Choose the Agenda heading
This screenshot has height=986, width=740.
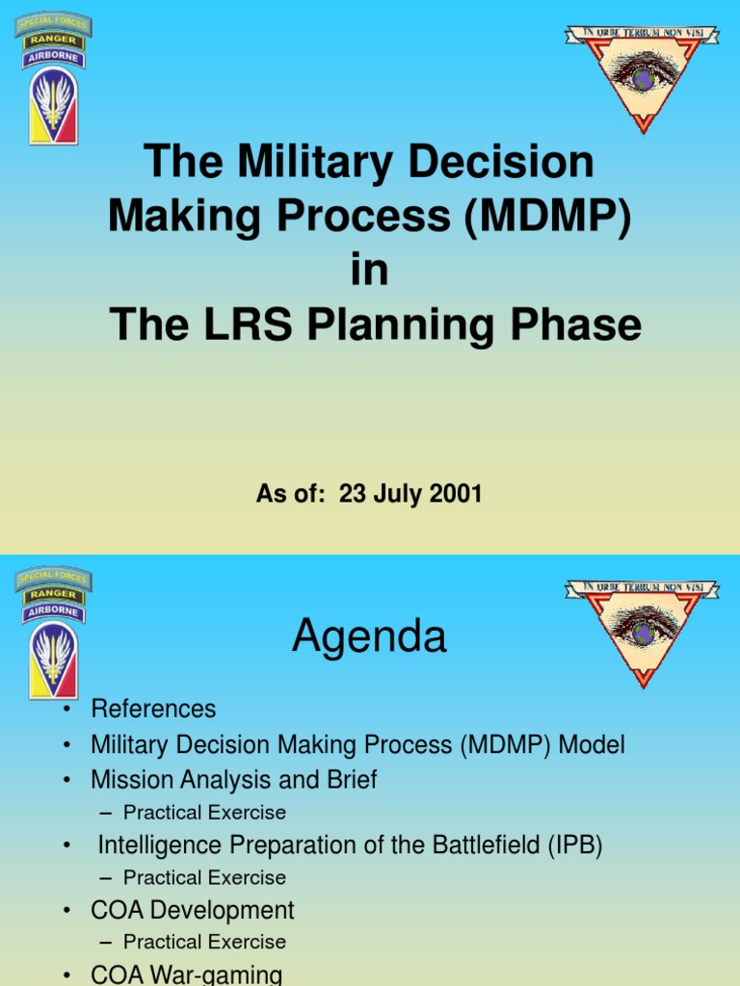click(x=369, y=636)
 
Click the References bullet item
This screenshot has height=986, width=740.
click(x=153, y=710)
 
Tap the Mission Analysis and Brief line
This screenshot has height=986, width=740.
click(x=234, y=779)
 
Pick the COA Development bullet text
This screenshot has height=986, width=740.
click(x=193, y=910)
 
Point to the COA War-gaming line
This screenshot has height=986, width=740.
click(x=187, y=974)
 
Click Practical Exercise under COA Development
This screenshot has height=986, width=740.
click(x=204, y=942)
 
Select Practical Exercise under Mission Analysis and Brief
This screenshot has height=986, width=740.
click(x=204, y=813)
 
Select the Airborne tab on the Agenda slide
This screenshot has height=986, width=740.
click(x=54, y=610)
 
